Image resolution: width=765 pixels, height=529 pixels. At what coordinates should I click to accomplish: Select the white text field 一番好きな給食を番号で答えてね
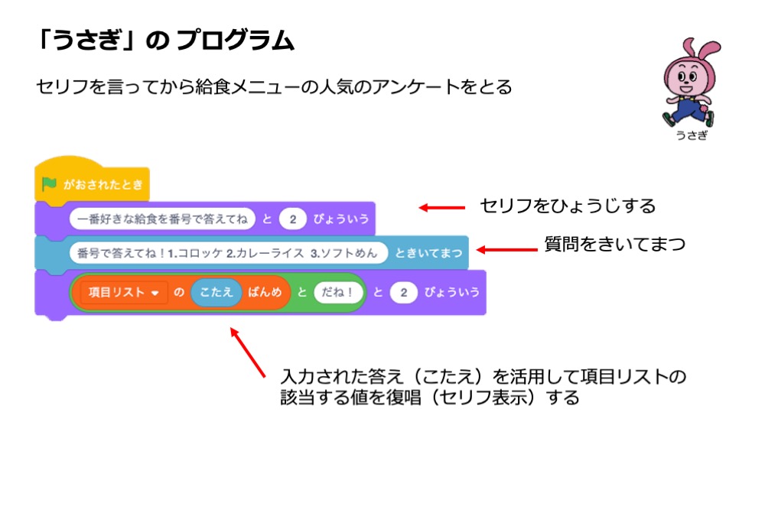pos(161,219)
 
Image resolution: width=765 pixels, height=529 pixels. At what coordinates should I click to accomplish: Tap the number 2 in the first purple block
pos(291,219)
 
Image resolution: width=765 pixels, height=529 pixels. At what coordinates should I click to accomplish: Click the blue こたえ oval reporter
pos(216,293)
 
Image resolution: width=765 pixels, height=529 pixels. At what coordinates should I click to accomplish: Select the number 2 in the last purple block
pos(402,293)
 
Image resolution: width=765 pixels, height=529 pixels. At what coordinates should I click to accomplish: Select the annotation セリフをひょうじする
pos(567,206)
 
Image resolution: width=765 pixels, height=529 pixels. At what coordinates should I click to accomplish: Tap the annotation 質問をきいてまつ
pos(614,245)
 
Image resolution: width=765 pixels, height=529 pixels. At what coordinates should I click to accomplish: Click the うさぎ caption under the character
pos(691,135)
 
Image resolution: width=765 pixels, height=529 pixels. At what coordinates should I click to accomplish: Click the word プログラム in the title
pos(235,41)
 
